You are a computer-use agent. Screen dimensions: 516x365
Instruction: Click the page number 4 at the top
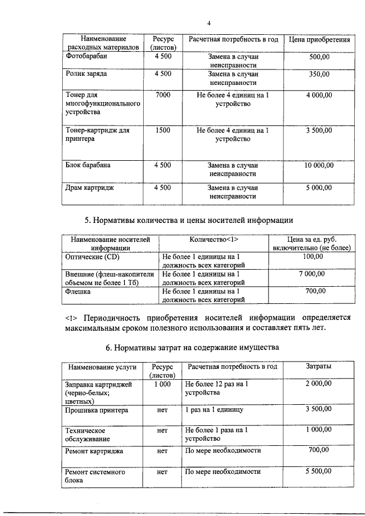coord(209,23)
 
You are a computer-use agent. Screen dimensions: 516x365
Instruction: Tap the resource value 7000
coord(163,95)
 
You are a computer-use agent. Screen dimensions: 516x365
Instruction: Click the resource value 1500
coord(163,130)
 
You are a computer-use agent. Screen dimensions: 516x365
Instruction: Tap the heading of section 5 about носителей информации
coord(189,220)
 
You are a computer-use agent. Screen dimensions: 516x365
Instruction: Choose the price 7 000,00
coord(311,274)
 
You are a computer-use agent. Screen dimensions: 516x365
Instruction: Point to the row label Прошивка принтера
coord(96,410)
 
